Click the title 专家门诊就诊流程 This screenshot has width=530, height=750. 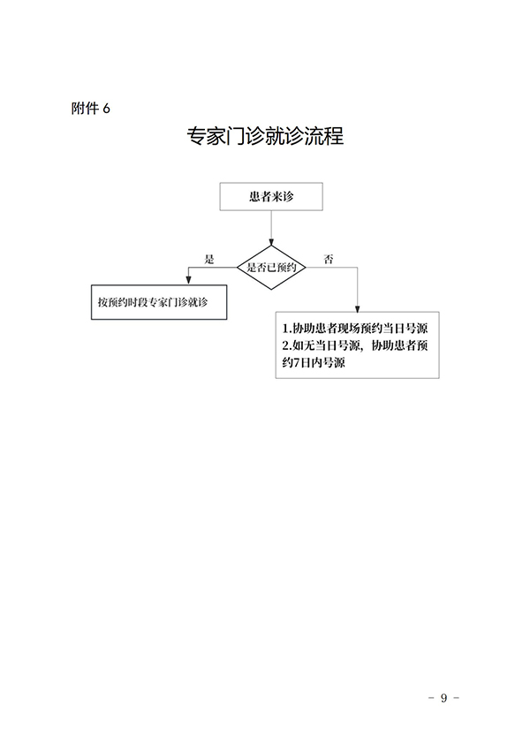point(265,137)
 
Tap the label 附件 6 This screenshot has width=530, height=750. point(92,109)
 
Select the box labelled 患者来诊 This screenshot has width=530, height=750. point(270,197)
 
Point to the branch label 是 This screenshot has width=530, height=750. point(209,259)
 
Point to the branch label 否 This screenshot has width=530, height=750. point(329,259)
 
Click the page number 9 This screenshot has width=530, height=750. point(444,698)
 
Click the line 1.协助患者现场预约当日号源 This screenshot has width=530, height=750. point(354,328)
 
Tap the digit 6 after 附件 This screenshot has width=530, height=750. point(106,109)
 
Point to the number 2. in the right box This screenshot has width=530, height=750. point(286,345)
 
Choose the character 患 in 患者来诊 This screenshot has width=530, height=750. point(254,197)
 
